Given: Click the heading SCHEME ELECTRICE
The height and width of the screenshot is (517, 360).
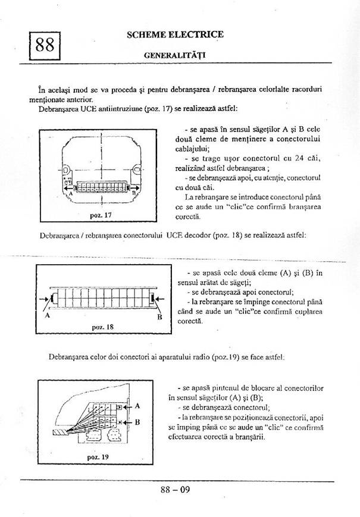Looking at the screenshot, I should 175,35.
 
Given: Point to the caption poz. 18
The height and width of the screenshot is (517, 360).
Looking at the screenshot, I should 103,327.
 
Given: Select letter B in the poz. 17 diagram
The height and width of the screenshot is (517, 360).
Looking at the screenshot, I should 135,193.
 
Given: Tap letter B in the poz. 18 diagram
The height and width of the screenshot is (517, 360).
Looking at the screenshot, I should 159,318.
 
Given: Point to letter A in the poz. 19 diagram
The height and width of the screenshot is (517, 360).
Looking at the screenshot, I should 137,405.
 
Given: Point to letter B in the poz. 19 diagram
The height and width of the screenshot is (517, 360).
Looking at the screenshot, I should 137,422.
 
